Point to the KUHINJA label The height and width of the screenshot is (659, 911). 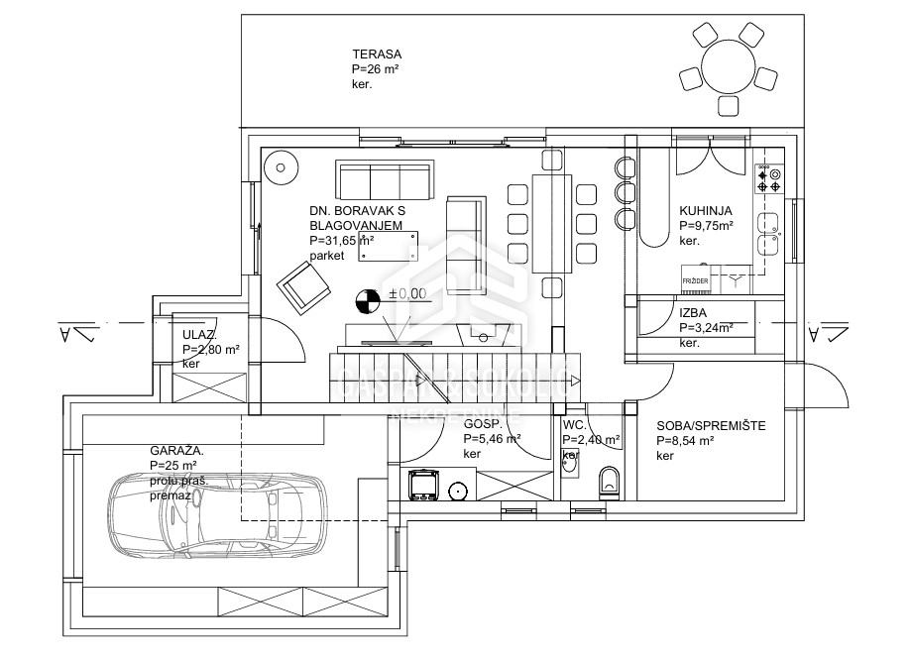click(705, 210)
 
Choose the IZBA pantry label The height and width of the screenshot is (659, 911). click(692, 311)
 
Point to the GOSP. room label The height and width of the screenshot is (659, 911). click(483, 423)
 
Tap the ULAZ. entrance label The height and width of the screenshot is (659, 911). click(199, 334)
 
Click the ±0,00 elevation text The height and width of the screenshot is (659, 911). click(406, 293)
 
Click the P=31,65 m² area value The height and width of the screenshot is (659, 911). click(340, 240)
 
